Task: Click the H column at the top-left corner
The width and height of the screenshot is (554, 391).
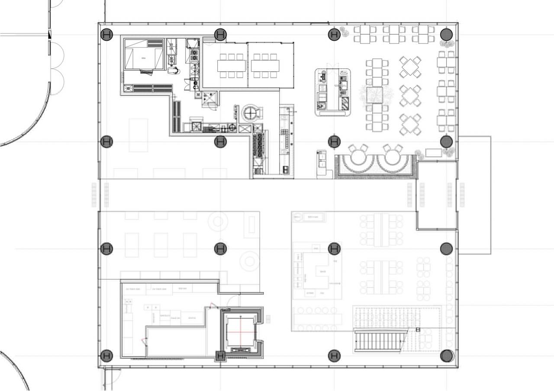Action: (106, 34)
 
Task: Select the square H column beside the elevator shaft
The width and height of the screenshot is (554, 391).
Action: (220, 356)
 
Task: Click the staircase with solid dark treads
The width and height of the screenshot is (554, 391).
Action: (380, 340)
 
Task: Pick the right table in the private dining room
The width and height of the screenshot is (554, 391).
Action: (265, 66)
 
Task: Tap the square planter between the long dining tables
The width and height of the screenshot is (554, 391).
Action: (375, 95)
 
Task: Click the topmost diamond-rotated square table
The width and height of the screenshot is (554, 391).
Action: (410, 67)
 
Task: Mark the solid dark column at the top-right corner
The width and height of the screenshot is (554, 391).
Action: (446, 34)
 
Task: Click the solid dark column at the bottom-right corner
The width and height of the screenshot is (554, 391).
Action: (447, 356)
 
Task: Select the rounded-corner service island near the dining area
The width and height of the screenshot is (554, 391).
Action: (332, 92)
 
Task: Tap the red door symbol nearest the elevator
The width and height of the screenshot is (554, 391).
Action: (212, 305)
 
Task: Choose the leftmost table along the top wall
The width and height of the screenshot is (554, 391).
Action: (365, 34)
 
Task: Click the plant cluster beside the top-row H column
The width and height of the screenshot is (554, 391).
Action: (345, 32)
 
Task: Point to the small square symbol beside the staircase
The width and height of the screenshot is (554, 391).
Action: (418, 330)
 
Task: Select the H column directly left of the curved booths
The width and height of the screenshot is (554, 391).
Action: (334, 141)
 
